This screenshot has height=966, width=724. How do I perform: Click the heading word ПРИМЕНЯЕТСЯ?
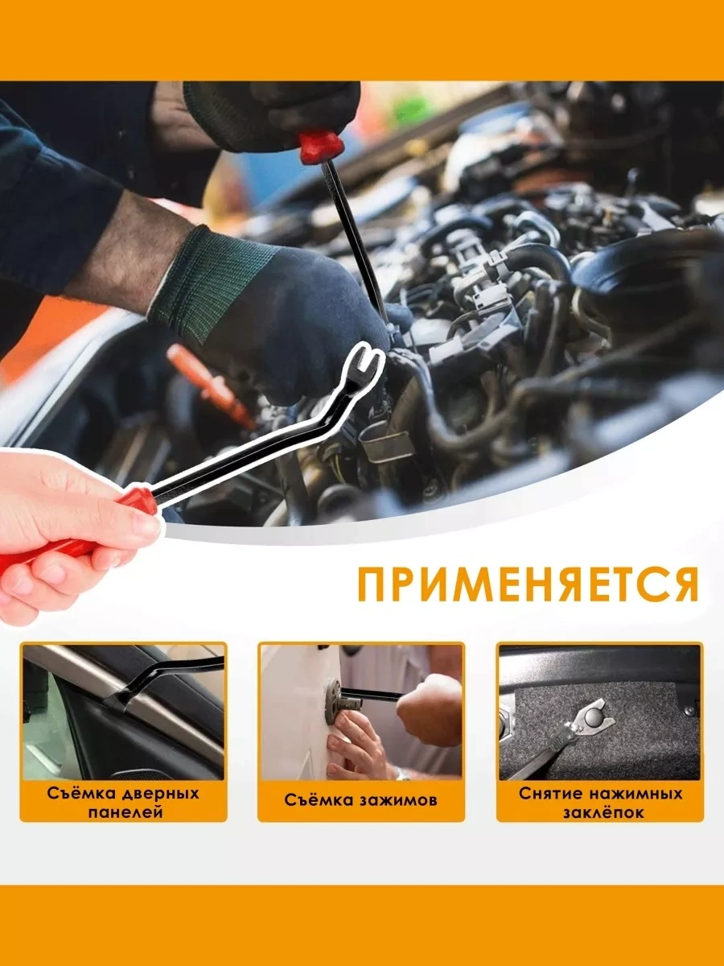tap(528, 585)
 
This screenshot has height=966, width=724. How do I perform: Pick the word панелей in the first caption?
tap(125, 812)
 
